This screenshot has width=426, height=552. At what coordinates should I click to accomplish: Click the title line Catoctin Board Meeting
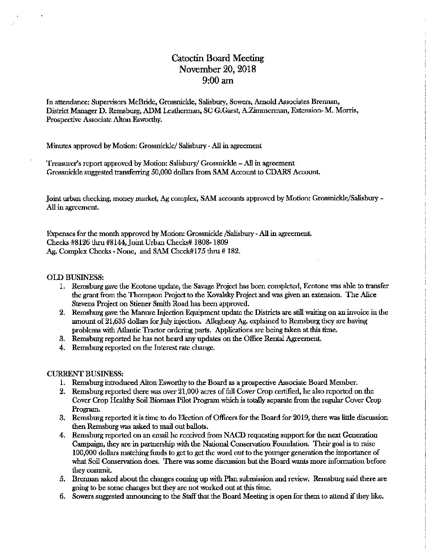218,58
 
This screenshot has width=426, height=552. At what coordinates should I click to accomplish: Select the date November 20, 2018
217,69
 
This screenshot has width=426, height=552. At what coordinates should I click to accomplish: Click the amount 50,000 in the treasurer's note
148,171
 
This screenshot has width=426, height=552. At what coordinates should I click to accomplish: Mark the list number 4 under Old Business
62,347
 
